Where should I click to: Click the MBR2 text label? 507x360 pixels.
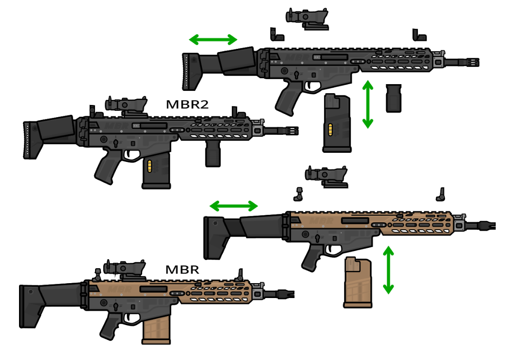[x=187, y=105]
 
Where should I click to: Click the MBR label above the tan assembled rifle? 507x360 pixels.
[x=182, y=270]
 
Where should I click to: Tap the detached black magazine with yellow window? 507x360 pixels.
[x=337, y=123]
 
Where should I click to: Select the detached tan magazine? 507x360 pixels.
[x=358, y=282]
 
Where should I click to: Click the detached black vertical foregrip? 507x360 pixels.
[x=393, y=98]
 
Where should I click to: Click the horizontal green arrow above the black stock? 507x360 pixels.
[x=213, y=40]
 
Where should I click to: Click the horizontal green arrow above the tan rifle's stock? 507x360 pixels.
[x=234, y=207]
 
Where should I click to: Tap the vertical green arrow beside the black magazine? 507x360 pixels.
[x=368, y=104]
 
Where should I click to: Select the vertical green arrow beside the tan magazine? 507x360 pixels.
[x=388, y=270]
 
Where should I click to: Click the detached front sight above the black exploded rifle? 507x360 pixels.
[x=418, y=35]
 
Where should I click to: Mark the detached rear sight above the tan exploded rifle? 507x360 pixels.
[x=298, y=194]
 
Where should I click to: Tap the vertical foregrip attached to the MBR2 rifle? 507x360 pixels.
[x=213, y=154]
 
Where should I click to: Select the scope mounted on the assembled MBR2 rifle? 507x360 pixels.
[x=126, y=105]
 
